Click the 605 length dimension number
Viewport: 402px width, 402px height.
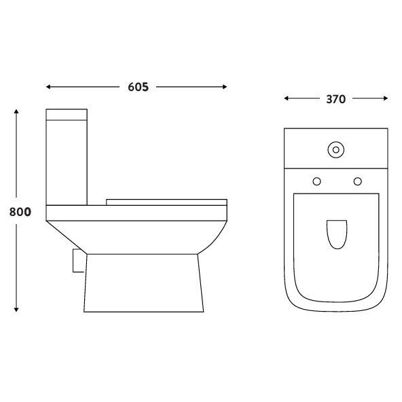pyautogui.click(x=137, y=87)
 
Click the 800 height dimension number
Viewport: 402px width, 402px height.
pyautogui.click(x=20, y=211)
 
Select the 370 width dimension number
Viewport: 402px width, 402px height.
pyautogui.click(x=335, y=99)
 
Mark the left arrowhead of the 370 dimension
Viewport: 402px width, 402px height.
pyautogui.click(x=287, y=99)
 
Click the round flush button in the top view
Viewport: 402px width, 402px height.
pyautogui.click(x=335, y=148)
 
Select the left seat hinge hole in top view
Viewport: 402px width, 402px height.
pyautogui.click(x=316, y=181)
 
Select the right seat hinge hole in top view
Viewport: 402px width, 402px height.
pyautogui.click(x=357, y=181)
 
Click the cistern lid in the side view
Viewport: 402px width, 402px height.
pyautogui.click(x=67, y=114)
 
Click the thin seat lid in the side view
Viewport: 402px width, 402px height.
pyautogui.click(x=166, y=201)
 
